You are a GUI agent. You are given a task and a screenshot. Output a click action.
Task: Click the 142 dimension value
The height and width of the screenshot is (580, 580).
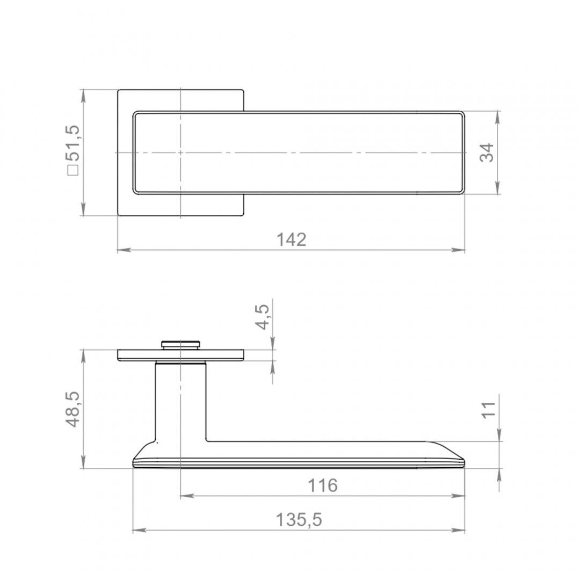292,240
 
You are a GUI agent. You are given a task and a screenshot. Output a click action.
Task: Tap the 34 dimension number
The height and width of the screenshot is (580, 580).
487,153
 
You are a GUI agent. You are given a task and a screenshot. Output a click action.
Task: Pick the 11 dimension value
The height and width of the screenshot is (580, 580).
489,410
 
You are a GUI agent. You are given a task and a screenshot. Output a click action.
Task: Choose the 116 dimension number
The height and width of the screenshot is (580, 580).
323,485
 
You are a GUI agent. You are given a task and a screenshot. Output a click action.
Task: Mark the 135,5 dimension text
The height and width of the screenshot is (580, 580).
299,520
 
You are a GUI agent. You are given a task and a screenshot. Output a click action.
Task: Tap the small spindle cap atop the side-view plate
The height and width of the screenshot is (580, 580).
180,345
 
